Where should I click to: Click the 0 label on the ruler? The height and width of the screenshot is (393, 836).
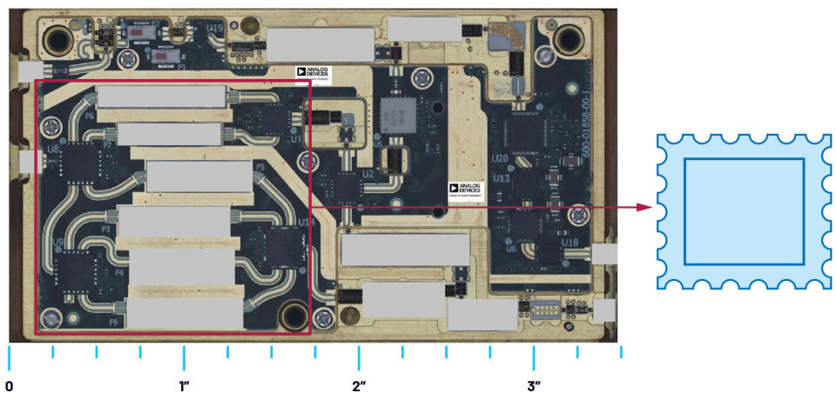pyautogui.click(x=10, y=383)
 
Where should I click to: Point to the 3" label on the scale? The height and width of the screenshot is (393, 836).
pyautogui.click(x=534, y=383)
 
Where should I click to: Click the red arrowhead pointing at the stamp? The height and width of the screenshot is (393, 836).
pyautogui.click(x=645, y=207)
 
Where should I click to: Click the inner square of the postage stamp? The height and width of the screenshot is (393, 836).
pyautogui.click(x=744, y=211)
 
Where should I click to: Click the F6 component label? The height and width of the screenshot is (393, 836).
pyautogui.click(x=89, y=115)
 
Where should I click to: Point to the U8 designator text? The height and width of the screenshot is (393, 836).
pyautogui.click(x=54, y=150)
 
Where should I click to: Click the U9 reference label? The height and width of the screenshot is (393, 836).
pyautogui.click(x=57, y=242)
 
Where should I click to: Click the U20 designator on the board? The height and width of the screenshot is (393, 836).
pyautogui.click(x=500, y=159)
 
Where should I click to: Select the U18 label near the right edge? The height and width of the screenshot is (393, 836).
pyautogui.click(x=570, y=243)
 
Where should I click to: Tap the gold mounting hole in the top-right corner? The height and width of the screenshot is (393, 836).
pyautogui.click(x=569, y=38)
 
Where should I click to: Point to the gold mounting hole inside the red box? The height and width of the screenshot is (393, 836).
pyautogui.click(x=293, y=315)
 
